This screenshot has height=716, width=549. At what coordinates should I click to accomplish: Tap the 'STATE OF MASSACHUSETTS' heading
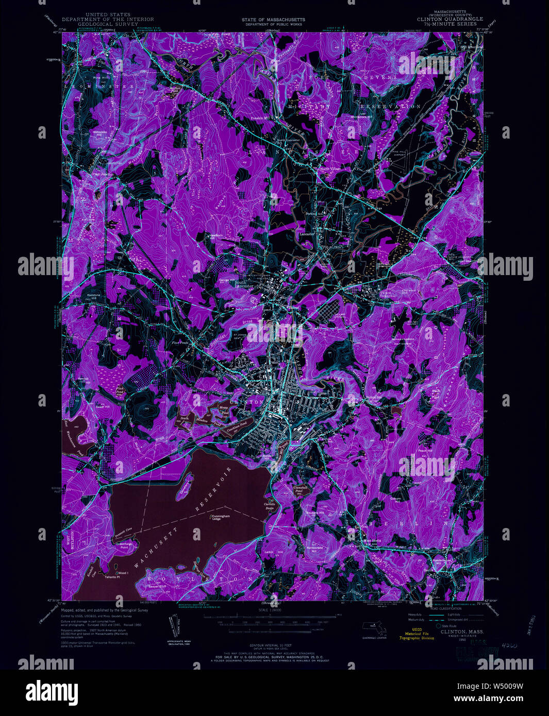tap(273, 20)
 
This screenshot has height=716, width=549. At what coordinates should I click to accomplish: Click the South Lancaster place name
tap(244, 284)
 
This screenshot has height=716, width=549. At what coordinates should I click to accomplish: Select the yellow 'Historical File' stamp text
tap(417, 634)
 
